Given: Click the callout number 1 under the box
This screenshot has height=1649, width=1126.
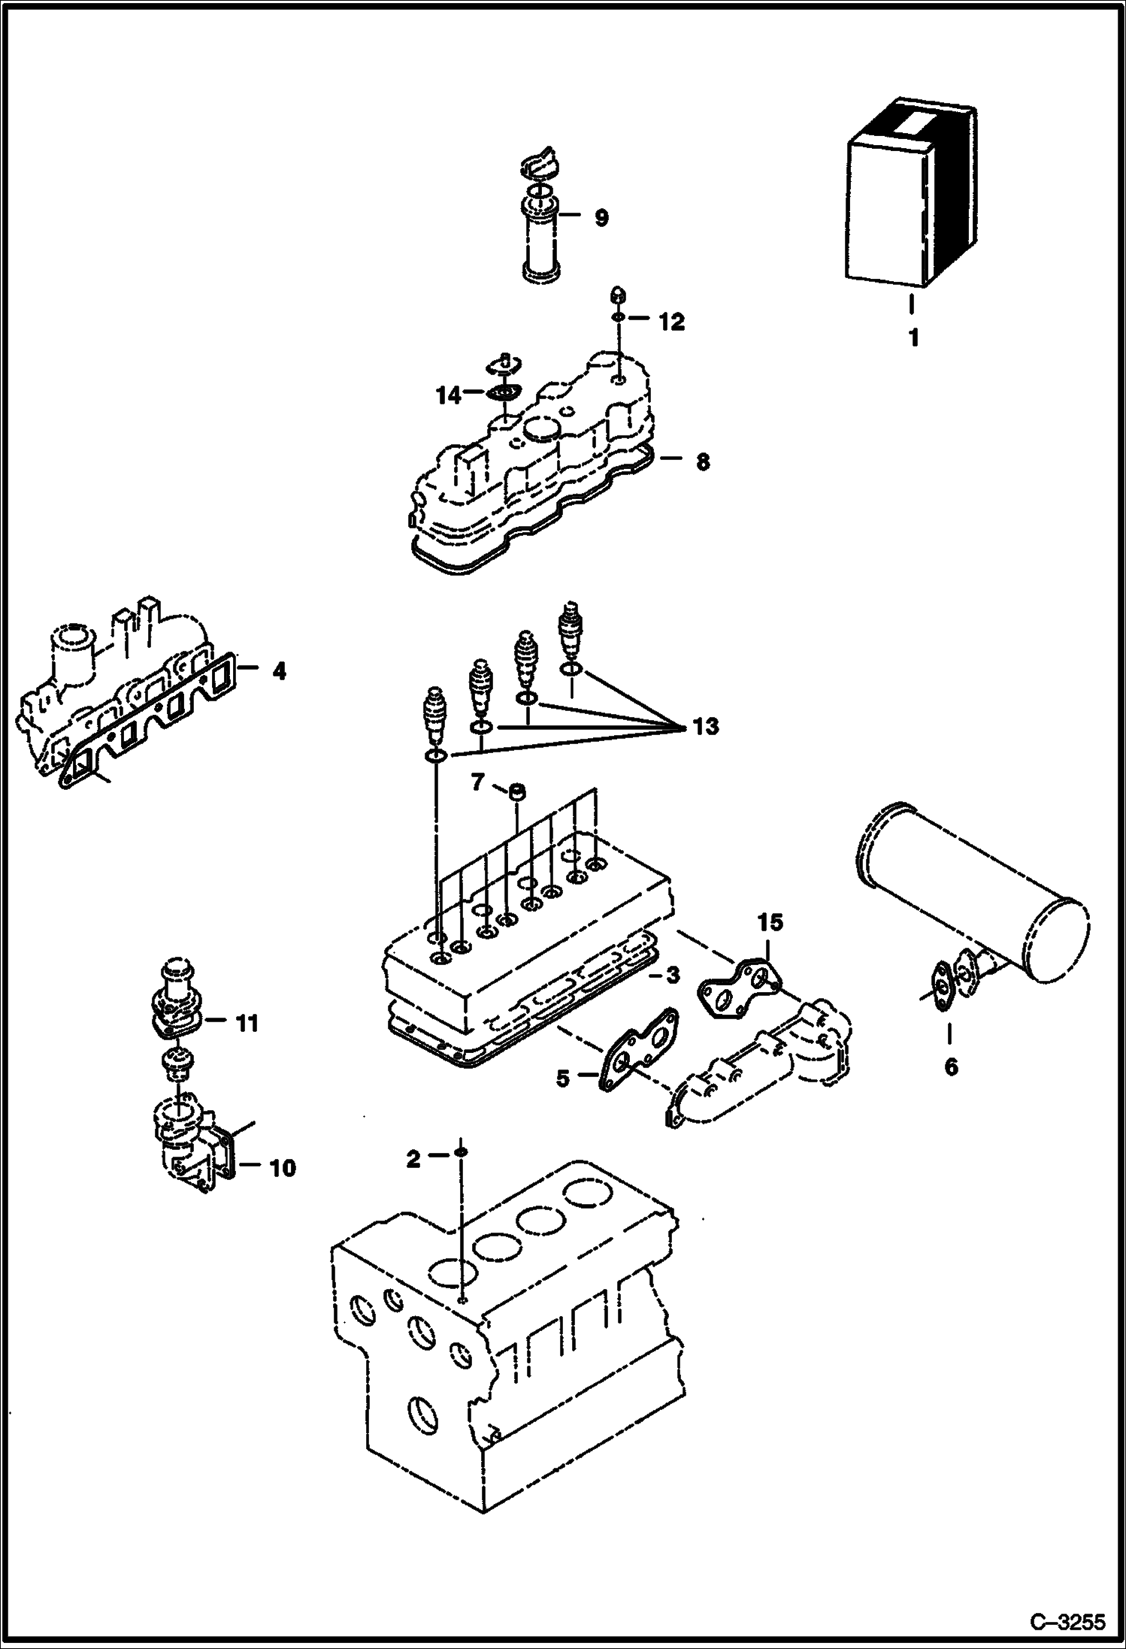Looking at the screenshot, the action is coord(913,338).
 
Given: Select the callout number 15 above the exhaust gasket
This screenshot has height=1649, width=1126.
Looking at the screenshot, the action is coord(770,922).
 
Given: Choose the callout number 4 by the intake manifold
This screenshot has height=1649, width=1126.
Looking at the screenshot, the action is coord(279,670).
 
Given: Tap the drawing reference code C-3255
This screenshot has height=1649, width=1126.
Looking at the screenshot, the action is coord(1067,1623).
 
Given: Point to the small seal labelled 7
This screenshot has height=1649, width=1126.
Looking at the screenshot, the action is coord(516,792).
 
